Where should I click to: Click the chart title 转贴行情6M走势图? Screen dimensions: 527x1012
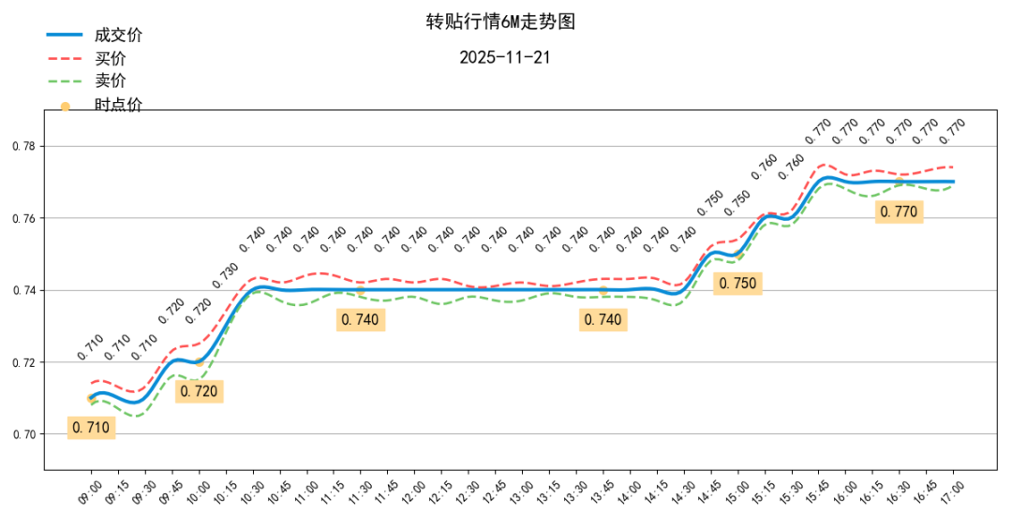[x=499, y=22]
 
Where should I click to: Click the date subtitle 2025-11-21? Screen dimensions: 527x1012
[x=504, y=57]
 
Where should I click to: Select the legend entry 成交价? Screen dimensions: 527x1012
[x=118, y=36]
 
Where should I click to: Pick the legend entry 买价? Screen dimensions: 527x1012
[x=110, y=59]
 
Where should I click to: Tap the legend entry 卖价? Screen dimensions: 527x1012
[x=110, y=81]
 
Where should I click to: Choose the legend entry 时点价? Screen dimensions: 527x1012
[x=118, y=105]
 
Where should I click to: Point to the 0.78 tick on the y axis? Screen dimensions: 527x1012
[x=23, y=147]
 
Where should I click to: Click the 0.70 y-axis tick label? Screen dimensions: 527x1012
[x=23, y=434]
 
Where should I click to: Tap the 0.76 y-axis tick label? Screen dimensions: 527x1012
[x=23, y=219]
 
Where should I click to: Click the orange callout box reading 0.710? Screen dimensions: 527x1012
[x=91, y=428]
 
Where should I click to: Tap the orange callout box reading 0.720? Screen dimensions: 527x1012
[x=199, y=391]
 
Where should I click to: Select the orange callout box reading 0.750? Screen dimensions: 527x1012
[x=737, y=283]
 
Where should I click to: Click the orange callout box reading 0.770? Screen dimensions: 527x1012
[x=899, y=212]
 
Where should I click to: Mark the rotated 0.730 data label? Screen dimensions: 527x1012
[x=225, y=273]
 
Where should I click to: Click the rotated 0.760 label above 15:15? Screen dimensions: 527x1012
[x=764, y=167]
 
